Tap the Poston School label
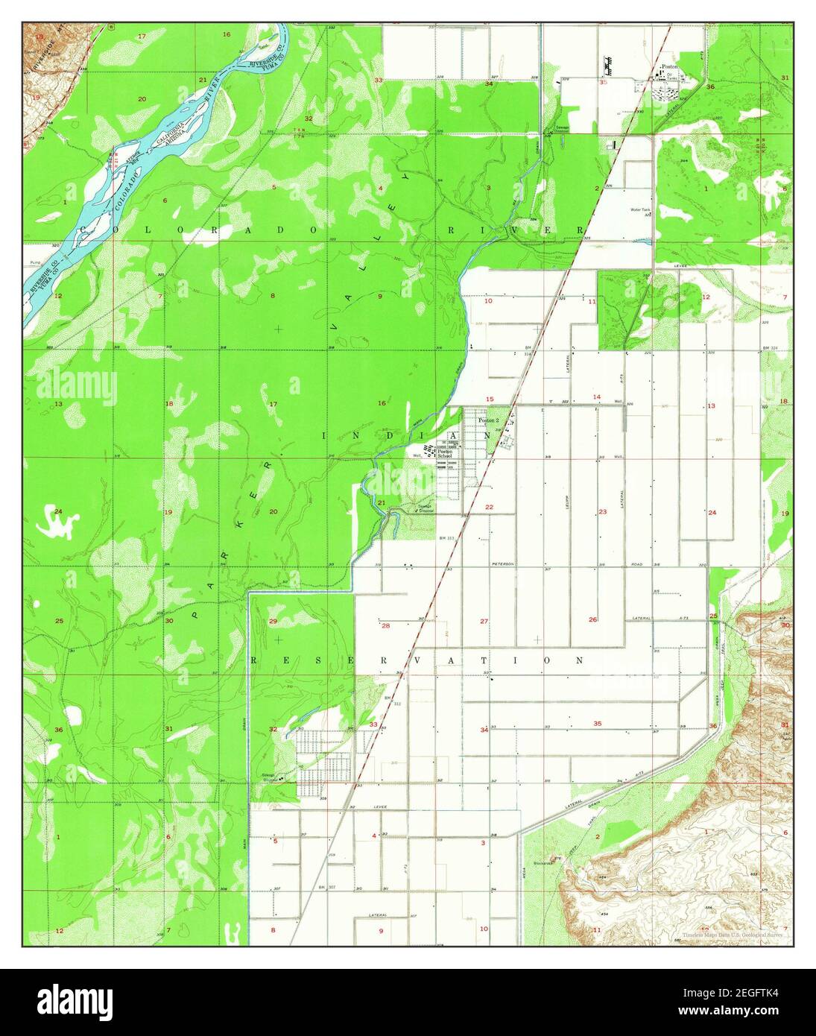[x=445, y=453]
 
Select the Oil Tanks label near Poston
[x=671, y=77]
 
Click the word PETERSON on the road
[x=503, y=564]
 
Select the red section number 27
[x=484, y=621]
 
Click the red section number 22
[x=489, y=507]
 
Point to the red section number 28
[x=385, y=625]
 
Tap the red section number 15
[x=489, y=399]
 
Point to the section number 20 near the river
[x=142, y=98]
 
